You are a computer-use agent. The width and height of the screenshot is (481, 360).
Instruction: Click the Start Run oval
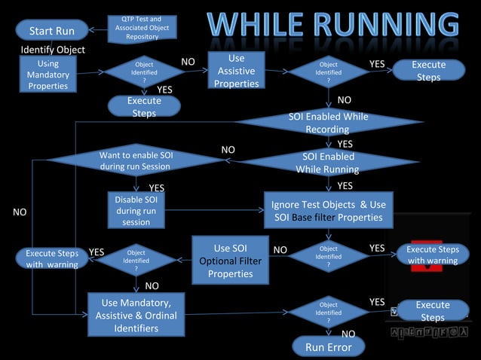pyautogui.click(x=51, y=31)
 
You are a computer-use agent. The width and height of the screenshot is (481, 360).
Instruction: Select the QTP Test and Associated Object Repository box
pyautogui.click(x=142, y=28)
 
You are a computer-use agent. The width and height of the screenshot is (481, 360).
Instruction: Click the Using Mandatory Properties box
pyautogui.click(x=47, y=75)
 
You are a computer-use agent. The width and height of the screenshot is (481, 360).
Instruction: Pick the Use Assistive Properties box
pyautogui.click(x=236, y=72)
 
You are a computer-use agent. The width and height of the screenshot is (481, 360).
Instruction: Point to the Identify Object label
pyautogui.click(x=53, y=50)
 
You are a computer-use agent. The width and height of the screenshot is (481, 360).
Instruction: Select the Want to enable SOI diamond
pyautogui.click(x=136, y=160)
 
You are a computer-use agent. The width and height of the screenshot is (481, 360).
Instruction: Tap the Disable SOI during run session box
pyautogui.click(x=136, y=211)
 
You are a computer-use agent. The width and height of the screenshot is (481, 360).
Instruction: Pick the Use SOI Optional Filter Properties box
pyautogui.click(x=230, y=261)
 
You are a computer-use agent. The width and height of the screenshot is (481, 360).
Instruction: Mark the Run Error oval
pyautogui.click(x=328, y=346)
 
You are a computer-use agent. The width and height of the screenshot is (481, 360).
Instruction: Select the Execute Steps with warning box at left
pyautogui.click(x=52, y=258)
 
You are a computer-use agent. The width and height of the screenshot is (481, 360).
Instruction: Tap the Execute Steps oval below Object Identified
pyautogui.click(x=144, y=107)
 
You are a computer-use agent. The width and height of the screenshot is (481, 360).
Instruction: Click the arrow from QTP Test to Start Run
pyautogui.click(x=97, y=30)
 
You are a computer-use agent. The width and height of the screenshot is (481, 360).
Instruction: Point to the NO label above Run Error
pyautogui.click(x=348, y=334)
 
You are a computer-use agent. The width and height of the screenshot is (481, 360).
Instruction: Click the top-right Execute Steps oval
pyautogui.click(x=428, y=71)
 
